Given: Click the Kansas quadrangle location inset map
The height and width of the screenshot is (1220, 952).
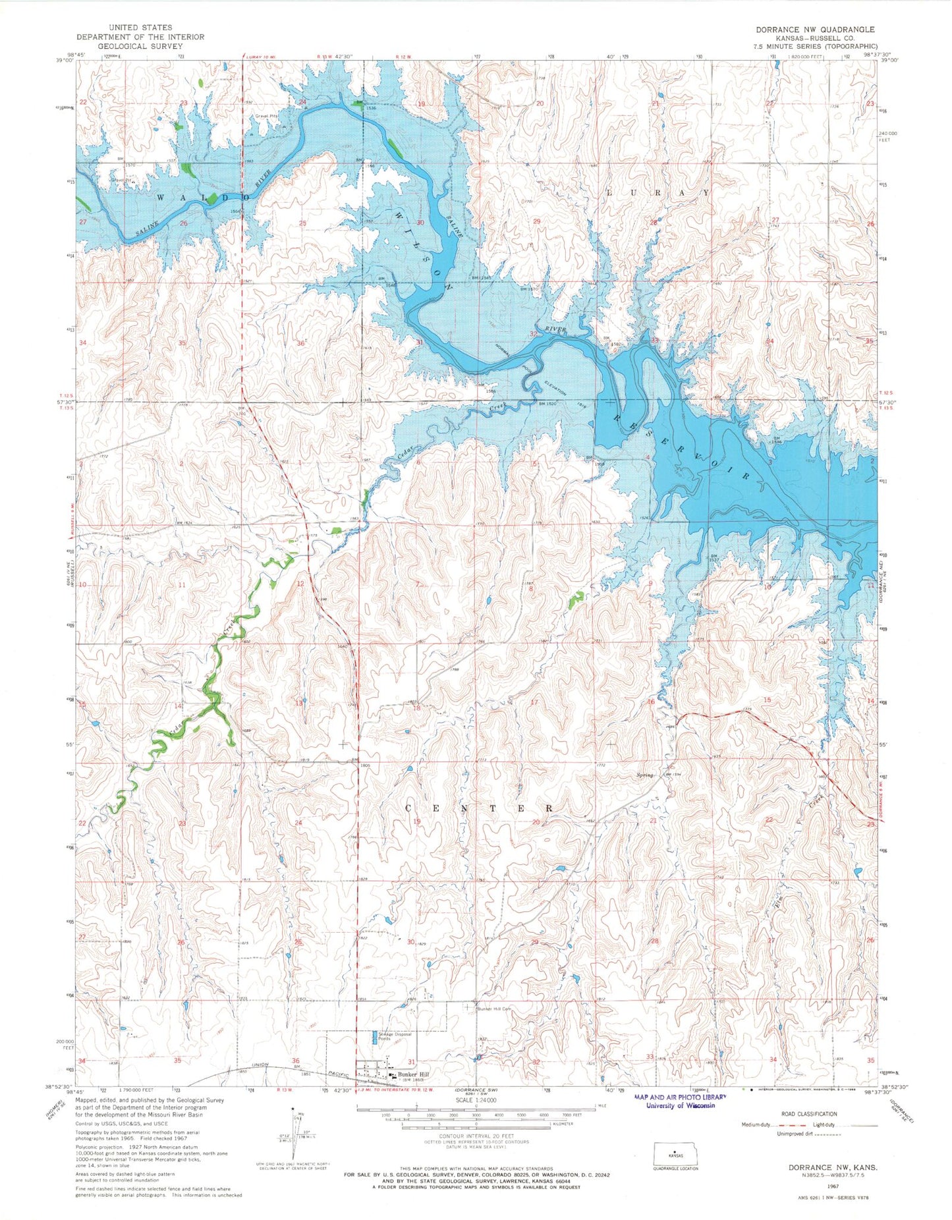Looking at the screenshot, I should (673, 1154).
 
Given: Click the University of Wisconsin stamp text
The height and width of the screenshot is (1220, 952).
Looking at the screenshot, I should (679, 1105).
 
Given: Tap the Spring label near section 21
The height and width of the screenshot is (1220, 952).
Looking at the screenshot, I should (644, 775).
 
